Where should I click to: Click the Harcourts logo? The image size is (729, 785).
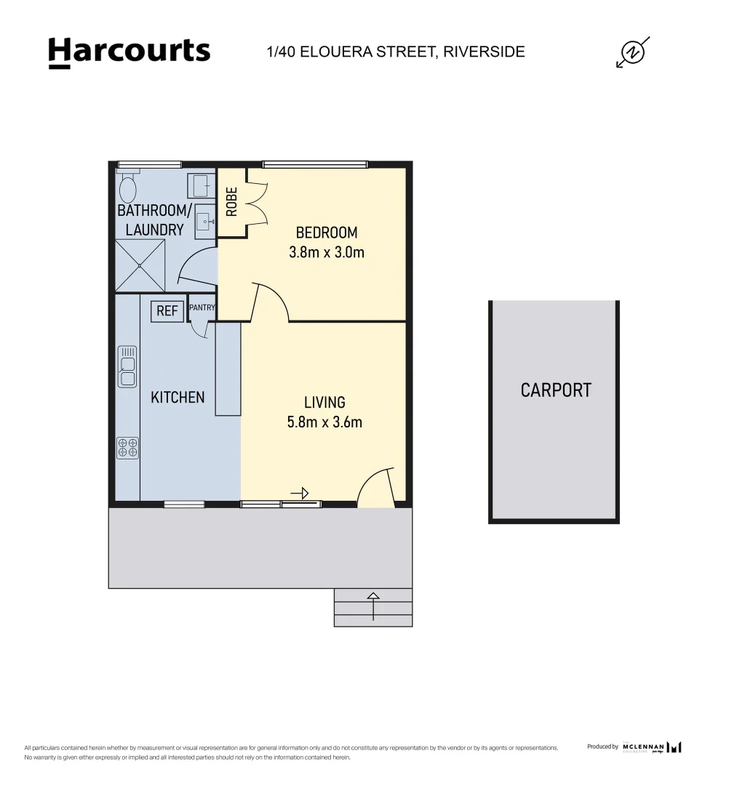(x=129, y=52)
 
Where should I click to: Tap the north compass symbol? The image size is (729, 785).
(x=632, y=52)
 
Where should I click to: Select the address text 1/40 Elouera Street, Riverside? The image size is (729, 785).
(x=396, y=52)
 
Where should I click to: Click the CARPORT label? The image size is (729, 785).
(x=556, y=390)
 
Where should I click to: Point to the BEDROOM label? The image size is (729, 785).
(x=327, y=233)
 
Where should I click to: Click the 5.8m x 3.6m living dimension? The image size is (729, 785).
(x=324, y=422)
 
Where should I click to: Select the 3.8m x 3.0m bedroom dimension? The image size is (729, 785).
(x=327, y=253)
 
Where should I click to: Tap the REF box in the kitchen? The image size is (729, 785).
(x=167, y=312)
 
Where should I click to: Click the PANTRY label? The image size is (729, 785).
(x=202, y=307)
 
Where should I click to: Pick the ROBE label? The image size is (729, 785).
(x=232, y=203)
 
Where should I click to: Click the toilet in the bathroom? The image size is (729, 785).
(x=128, y=188)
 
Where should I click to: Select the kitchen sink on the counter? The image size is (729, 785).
(x=128, y=367)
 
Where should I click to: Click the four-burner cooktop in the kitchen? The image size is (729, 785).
(x=128, y=448)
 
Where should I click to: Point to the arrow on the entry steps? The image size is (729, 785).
(x=373, y=605)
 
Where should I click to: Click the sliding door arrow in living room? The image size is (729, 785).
(x=300, y=494)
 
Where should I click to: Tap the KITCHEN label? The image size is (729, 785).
(x=178, y=398)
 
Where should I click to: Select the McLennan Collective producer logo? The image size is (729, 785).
(x=652, y=747)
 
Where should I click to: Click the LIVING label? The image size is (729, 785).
(x=324, y=402)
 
